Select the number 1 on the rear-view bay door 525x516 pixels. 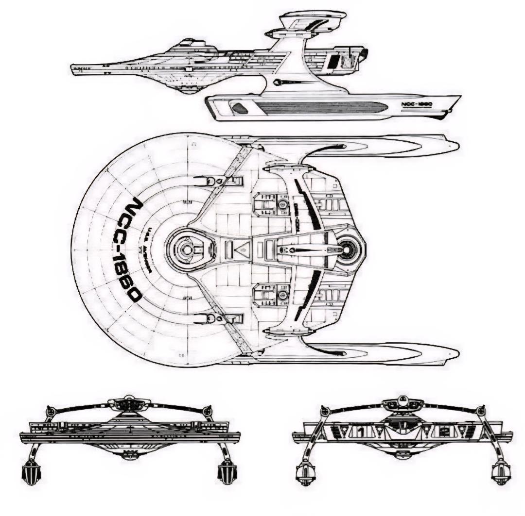tap(360, 429)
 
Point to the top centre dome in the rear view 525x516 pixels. tap(403, 401)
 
